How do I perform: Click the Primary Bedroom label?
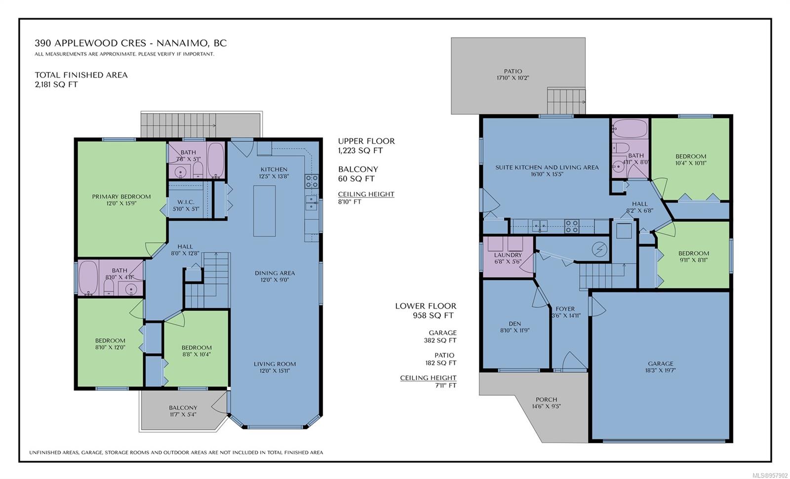(121, 197)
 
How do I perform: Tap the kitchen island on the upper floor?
(264, 211)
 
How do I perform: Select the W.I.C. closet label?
(186, 202)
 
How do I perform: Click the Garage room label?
(661, 363)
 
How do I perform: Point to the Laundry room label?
(508, 255)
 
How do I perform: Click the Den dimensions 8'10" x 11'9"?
(515, 330)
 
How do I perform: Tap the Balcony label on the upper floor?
(183, 408)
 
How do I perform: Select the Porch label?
(546, 399)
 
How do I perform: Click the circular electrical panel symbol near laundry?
(599, 250)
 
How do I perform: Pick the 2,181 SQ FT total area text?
(56, 84)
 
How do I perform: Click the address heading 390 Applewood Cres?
(90, 43)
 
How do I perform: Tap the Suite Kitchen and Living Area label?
(547, 167)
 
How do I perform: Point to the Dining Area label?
(275, 273)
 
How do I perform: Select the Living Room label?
(275, 364)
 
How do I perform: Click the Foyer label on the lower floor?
(565, 309)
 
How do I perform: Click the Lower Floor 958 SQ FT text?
(426, 311)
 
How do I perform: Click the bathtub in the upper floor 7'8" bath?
(216, 160)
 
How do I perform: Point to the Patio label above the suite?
(513, 71)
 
